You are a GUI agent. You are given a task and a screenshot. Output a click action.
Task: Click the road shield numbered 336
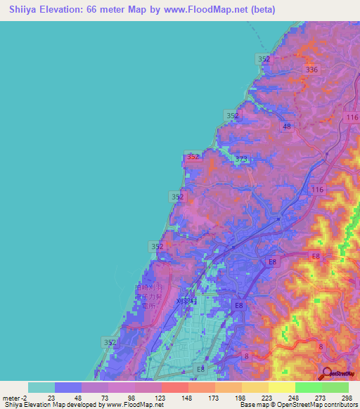(x=312, y=69)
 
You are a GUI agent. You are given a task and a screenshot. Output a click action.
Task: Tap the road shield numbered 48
(x=286, y=126)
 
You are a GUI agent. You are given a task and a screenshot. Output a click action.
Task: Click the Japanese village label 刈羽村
(x=188, y=301)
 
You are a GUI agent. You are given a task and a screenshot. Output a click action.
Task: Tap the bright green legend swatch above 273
(x=309, y=387)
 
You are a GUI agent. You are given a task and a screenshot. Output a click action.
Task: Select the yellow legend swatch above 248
(x=282, y=387)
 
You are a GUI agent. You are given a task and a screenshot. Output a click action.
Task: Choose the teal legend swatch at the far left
(x=41, y=387)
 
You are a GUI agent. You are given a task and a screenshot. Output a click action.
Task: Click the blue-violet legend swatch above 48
(x=68, y=387)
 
